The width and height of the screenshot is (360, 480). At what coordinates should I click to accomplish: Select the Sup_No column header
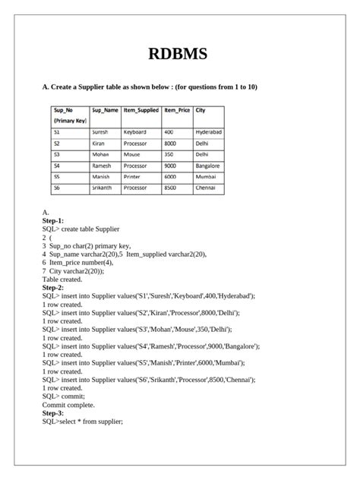[64, 110]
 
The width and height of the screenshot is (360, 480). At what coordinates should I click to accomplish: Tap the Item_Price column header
[176, 110]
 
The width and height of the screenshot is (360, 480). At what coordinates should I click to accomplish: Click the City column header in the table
[201, 110]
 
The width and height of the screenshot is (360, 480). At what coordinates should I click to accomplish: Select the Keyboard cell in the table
[134, 132]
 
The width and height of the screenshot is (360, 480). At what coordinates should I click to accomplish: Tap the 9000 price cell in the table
[170, 165]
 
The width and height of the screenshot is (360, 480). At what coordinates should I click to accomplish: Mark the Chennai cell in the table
[206, 187]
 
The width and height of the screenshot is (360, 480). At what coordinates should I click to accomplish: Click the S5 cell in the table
[57, 176]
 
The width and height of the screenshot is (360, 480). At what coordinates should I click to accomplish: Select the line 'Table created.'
[66, 279]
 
